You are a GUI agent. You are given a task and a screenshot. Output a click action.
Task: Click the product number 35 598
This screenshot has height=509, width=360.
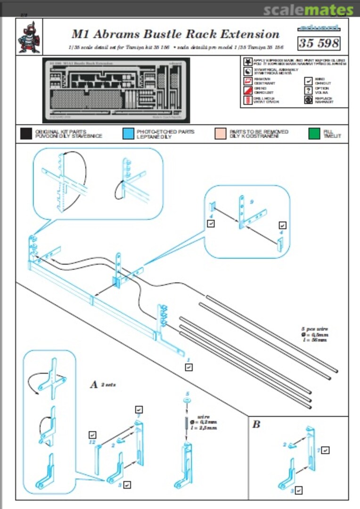coord(319,43)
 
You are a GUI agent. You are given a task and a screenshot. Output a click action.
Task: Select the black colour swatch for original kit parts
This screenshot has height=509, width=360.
coord(26,133)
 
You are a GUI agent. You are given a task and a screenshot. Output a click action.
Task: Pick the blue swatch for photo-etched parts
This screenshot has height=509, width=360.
coord(128,133)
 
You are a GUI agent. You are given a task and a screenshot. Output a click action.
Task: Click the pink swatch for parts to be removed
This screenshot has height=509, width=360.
coord(220,133)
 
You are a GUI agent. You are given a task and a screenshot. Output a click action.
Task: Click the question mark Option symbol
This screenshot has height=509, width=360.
coord(309,90)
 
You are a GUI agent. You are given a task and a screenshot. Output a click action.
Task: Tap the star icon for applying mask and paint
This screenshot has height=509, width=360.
coord(247,62)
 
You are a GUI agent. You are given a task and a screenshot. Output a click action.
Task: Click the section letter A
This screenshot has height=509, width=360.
coord(94,385)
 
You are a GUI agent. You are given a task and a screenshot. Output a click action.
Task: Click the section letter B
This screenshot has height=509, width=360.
coord(256,425)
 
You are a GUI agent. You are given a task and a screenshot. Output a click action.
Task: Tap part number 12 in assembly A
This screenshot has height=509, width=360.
coord(92,443)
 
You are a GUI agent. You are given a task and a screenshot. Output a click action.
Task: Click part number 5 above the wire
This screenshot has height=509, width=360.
coord(188,393)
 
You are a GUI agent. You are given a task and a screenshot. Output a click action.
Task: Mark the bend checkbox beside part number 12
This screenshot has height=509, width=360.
coord(92,435)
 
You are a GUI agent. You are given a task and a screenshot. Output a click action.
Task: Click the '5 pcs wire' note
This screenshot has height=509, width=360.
coord(315,328)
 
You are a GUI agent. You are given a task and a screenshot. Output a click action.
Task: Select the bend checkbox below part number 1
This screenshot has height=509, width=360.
coord(188,367)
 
